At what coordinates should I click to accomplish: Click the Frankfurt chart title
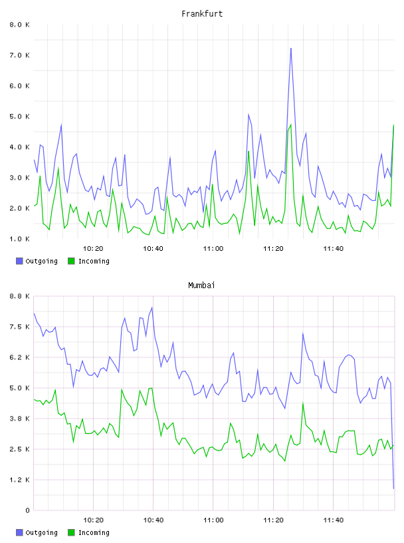point(202,14)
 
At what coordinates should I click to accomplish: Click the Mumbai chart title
point(201,285)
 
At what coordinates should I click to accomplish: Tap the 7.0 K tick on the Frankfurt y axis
point(19,55)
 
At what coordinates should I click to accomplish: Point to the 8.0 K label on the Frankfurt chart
point(19,25)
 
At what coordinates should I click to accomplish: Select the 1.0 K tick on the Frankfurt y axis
point(19,239)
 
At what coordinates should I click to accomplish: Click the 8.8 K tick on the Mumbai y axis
point(19,296)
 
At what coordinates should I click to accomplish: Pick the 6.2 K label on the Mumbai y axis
point(19,357)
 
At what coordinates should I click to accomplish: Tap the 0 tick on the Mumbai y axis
point(27,510)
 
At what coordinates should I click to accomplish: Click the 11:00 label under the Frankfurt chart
point(213,249)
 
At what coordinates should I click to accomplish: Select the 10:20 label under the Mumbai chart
point(94,520)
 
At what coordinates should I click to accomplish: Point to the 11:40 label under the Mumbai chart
point(334,520)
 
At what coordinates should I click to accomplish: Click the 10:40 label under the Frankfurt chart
point(153,249)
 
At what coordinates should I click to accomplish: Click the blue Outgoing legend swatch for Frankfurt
point(19,261)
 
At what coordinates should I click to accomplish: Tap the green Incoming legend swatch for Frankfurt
point(71,261)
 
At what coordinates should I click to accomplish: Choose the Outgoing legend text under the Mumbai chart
point(41,532)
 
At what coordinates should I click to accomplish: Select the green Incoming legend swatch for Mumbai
point(71,532)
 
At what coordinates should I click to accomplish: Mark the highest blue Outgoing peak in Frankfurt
point(291,49)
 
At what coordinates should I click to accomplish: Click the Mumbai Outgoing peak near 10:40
point(152,307)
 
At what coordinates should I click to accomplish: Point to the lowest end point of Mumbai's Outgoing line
point(393,488)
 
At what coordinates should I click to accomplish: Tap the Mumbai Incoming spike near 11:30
point(303,403)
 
